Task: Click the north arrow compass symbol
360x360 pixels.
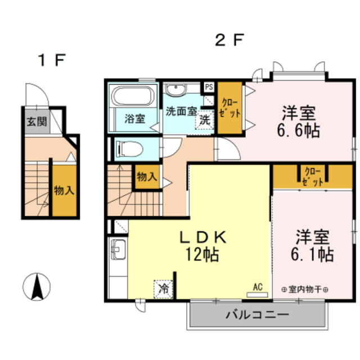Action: pyautogui.click(x=37, y=287)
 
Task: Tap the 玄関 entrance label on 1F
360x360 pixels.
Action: pyautogui.click(x=37, y=121)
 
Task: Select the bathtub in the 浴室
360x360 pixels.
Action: pyautogui.click(x=133, y=96)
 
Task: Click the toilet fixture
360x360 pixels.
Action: pyautogui.click(x=129, y=149)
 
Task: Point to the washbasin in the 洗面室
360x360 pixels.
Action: pyautogui.click(x=176, y=90)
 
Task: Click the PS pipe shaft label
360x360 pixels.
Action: pyautogui.click(x=209, y=87)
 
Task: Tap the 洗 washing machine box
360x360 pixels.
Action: pyautogui.click(x=205, y=120)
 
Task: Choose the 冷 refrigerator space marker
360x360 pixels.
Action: pyautogui.click(x=164, y=289)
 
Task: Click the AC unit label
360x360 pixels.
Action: pyautogui.click(x=258, y=287)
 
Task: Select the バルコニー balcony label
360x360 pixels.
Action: pyautogui.click(x=258, y=314)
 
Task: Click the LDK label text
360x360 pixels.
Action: pyautogui.click(x=203, y=237)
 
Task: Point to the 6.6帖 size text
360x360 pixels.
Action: pyautogui.click(x=299, y=130)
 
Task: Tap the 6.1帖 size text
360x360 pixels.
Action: pyautogui.click(x=312, y=254)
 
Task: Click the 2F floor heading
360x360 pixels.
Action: pyautogui.click(x=229, y=40)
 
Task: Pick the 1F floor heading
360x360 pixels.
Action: pyautogui.click(x=52, y=60)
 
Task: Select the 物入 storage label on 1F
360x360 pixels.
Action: pyautogui.click(x=64, y=190)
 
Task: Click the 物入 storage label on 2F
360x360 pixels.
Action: pyautogui.click(x=147, y=177)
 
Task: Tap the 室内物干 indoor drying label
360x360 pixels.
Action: pyautogui.click(x=305, y=289)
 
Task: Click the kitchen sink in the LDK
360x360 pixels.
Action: pyautogui.click(x=118, y=250)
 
